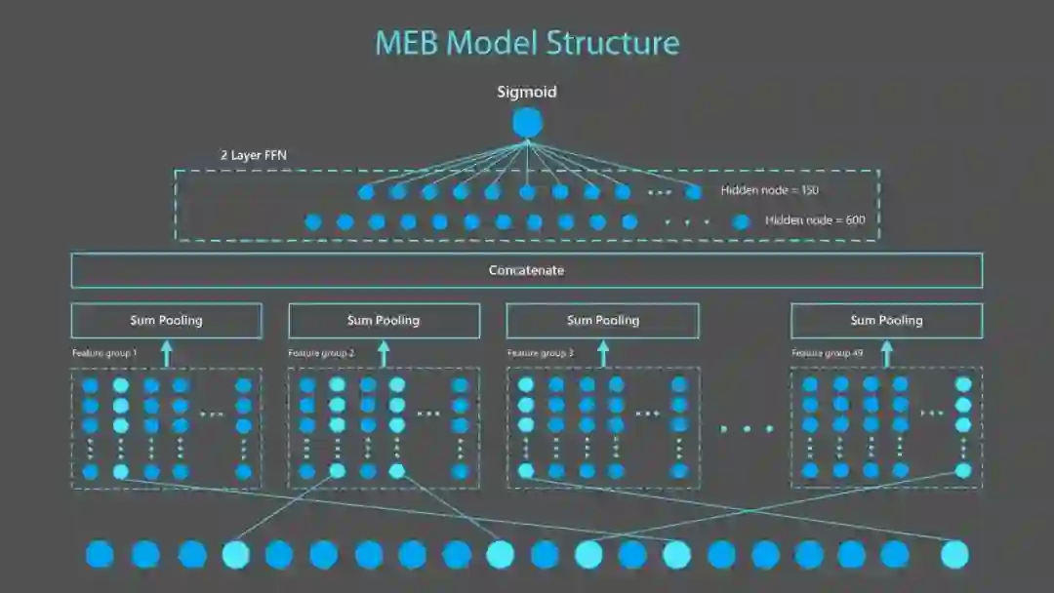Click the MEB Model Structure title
point(527,43)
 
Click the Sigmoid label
point(527,92)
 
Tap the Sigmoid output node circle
point(527,123)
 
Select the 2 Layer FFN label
point(253,155)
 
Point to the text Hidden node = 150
point(769,191)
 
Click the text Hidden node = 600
point(815,220)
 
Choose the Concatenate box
point(527,270)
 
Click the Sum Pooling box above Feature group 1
point(166,321)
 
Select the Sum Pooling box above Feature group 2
point(384,321)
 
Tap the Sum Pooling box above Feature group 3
point(602,321)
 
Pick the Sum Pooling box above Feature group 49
point(886,321)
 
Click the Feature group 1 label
point(104,352)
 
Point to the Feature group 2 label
point(321,352)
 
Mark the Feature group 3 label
point(540,352)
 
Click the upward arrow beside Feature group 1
point(166,353)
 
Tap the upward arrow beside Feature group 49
point(886,353)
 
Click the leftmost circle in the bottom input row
point(100,554)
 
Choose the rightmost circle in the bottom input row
point(954,554)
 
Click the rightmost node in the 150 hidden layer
point(693,192)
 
